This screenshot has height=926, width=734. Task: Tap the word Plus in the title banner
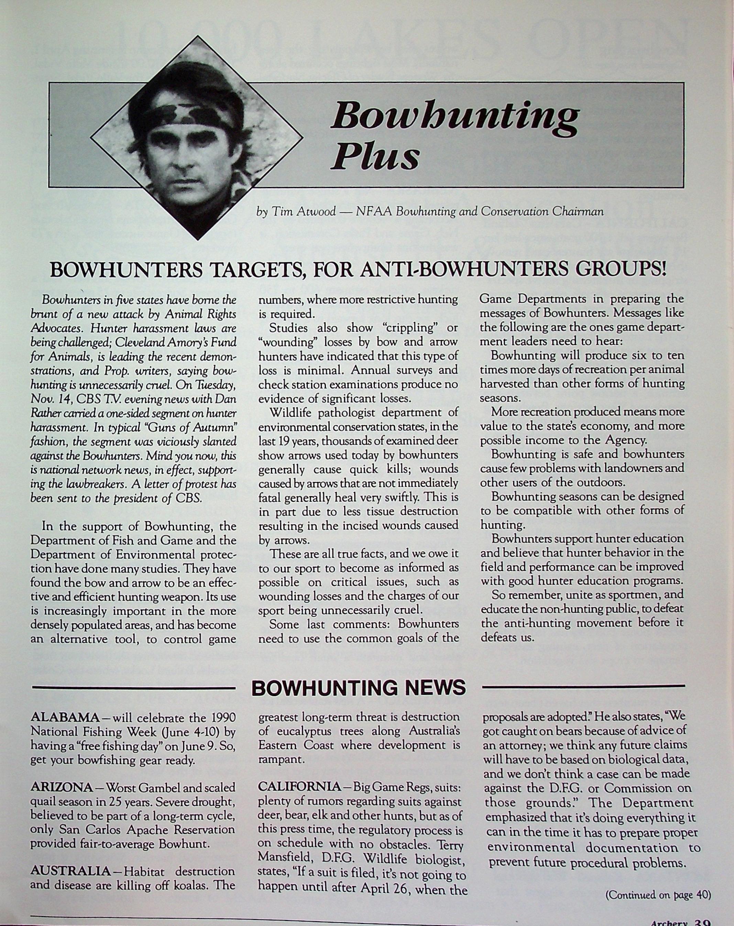(x=375, y=156)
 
